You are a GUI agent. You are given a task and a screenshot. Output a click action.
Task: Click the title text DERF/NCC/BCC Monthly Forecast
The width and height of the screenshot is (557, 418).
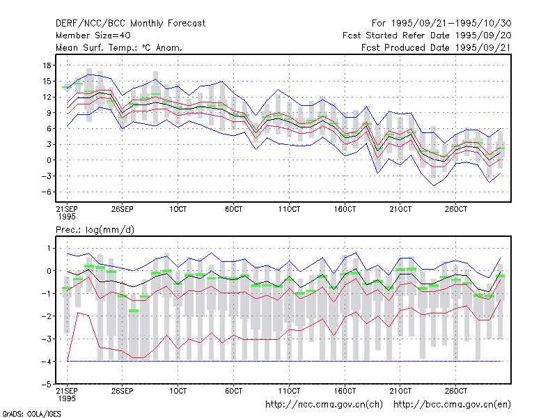coord(130,24)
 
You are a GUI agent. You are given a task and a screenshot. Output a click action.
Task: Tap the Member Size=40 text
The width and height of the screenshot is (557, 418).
coord(93,36)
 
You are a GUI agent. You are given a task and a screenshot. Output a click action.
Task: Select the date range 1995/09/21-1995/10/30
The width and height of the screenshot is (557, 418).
coord(451,24)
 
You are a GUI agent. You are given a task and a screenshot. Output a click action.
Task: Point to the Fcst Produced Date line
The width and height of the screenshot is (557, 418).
coord(437,47)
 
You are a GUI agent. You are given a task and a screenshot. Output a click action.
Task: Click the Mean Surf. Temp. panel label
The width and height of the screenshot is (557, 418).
coord(119,47)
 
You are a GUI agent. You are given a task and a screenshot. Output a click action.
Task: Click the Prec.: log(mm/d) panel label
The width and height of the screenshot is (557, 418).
coord(95,230)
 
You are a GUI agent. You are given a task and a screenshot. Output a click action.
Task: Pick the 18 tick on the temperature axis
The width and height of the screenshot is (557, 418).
coord(47,65)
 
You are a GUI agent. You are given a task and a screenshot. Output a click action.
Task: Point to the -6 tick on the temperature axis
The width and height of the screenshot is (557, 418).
coord(46,192)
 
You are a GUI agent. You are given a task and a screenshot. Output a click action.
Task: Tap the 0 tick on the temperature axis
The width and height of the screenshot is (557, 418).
coord(49,160)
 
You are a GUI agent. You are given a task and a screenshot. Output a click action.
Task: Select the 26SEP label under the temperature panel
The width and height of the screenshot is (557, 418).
coord(123,209)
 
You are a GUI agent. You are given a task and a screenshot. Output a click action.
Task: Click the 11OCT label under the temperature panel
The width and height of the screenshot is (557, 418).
coord(289,209)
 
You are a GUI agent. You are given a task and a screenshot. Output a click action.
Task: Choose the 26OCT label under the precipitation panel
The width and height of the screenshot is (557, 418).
coord(456,391)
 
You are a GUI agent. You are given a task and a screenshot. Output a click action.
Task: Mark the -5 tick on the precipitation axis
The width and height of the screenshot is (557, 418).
coord(46,385)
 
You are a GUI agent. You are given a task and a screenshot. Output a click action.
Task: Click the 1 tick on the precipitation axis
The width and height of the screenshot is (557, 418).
coord(49,248)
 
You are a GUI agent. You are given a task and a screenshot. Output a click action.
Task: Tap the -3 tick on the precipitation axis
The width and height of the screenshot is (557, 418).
coord(46,339)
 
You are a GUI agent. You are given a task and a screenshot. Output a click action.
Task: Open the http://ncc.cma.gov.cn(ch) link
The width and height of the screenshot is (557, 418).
coord(324,405)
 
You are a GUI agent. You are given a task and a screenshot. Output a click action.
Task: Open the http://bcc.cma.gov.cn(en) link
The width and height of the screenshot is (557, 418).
coord(452,405)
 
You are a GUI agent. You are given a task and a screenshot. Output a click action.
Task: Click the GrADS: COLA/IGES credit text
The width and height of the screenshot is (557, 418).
coord(31,414)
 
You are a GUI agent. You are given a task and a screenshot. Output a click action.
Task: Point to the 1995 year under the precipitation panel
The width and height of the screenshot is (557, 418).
coord(67,398)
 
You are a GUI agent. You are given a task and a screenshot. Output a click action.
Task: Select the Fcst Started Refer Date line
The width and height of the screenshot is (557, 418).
coord(427,36)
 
